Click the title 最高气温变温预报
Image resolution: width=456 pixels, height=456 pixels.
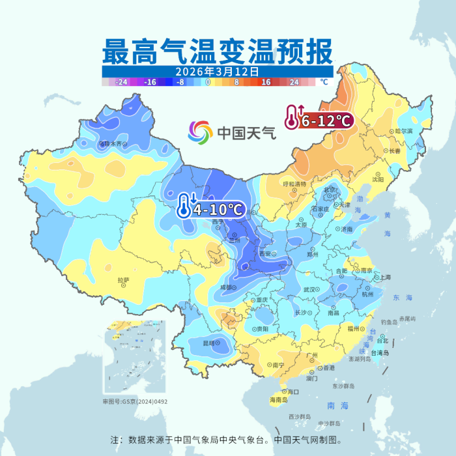218,50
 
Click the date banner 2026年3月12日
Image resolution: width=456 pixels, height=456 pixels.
218,71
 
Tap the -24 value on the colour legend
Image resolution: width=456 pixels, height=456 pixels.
121,83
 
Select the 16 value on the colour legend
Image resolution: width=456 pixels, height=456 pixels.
266,83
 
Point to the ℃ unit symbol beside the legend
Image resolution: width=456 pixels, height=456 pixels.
324,83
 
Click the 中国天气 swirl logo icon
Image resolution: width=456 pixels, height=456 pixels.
201,134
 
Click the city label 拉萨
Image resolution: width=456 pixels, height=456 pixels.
123,281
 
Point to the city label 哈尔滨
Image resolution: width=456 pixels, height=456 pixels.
404,130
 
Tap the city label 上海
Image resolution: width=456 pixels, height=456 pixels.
384,278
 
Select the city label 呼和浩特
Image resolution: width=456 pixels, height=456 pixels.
294,184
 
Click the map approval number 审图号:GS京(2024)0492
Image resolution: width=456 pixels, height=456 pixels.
135,402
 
